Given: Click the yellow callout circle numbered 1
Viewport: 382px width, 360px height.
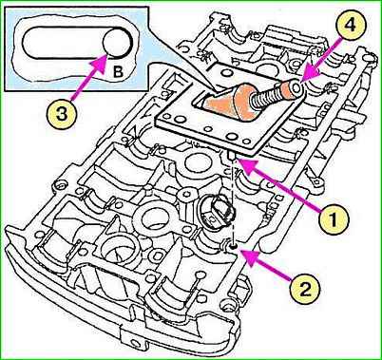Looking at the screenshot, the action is pos(334,218).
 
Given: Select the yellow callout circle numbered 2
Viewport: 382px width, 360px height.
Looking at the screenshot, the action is pos(304,289).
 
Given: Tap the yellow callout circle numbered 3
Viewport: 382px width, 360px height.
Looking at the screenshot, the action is pos(62,114).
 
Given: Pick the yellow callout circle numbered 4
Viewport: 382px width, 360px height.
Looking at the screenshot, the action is pos(350,26).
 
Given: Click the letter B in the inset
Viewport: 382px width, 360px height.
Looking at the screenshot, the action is pos(118,73).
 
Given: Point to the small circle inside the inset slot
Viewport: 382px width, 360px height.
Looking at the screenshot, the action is pos(117,44).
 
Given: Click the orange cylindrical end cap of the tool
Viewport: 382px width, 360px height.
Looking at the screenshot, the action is pos(291,90).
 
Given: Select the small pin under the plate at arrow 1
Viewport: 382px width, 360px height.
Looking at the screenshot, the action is pos(231,156).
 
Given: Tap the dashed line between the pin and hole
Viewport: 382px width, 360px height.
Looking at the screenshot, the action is pos(233,201).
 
